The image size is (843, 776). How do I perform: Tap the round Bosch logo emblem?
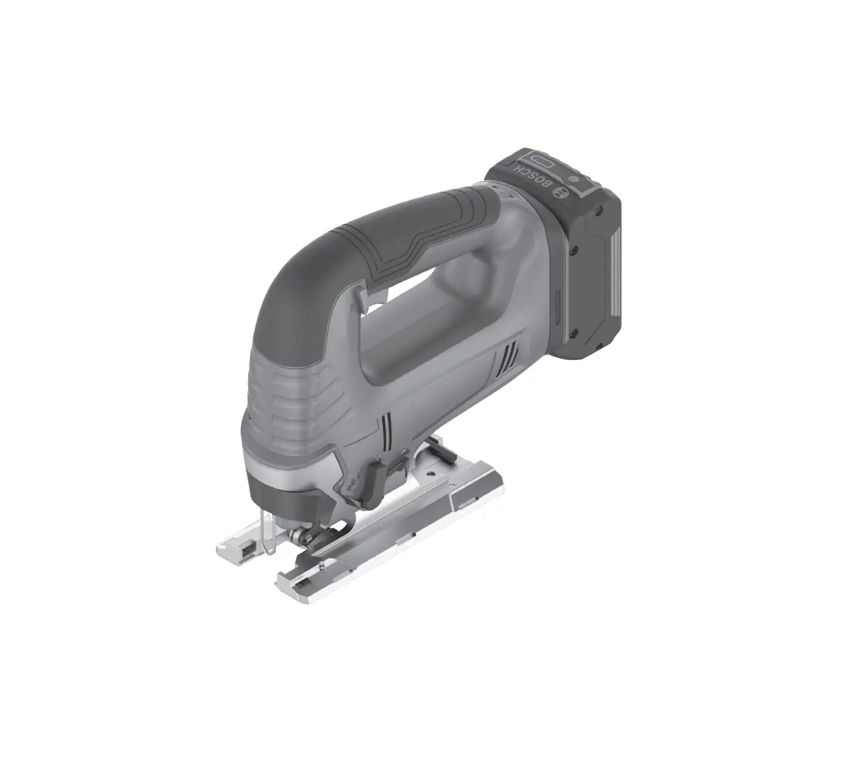(x=561, y=193)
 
